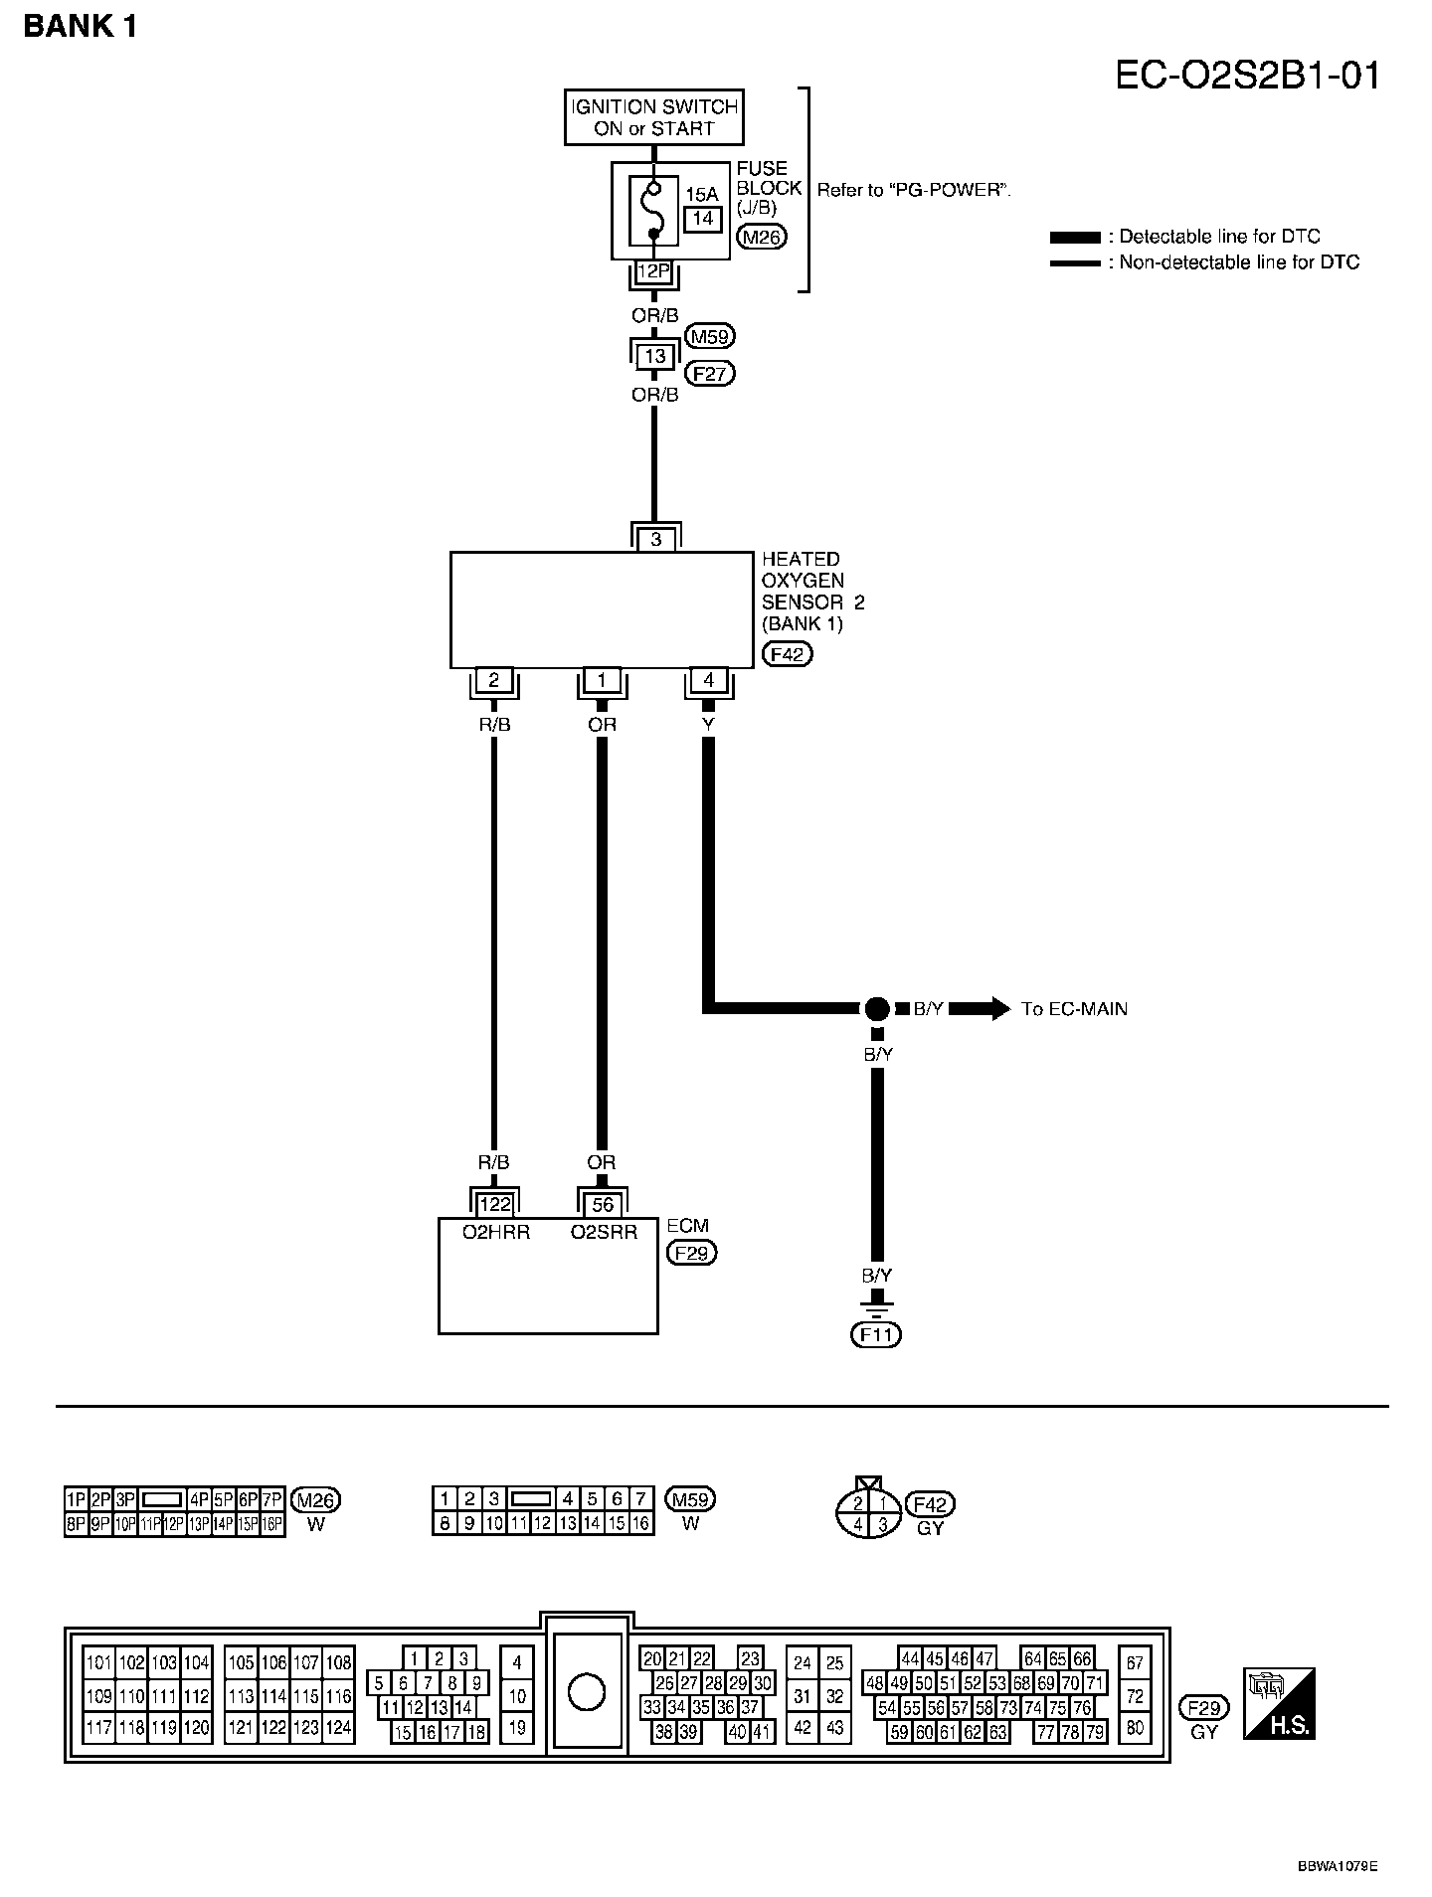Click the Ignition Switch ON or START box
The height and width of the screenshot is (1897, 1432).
[652, 117]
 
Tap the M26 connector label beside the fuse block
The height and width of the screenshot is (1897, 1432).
[761, 237]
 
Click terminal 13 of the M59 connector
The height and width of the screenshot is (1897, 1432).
[654, 356]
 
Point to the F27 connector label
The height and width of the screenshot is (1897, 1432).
[711, 374]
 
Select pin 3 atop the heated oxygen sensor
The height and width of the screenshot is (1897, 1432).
[656, 540]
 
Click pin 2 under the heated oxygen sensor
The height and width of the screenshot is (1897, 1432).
[494, 681]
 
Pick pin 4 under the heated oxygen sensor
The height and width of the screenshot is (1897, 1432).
[709, 681]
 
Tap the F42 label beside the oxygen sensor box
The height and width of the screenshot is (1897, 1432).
[787, 654]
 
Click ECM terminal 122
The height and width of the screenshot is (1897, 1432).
[495, 1205]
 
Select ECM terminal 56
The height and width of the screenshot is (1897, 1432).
[603, 1205]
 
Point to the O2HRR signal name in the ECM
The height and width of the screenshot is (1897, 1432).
[496, 1233]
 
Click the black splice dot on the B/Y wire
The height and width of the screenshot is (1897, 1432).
[876, 1009]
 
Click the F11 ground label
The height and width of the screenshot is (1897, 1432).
[876, 1334]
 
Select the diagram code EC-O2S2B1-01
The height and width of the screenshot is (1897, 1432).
[1247, 76]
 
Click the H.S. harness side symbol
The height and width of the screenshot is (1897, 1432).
[1279, 1704]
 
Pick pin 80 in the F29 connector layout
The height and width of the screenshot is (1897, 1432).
[1135, 1729]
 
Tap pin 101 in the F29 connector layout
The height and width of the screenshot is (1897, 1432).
[99, 1662]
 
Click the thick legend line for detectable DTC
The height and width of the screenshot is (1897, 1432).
[1074, 238]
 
